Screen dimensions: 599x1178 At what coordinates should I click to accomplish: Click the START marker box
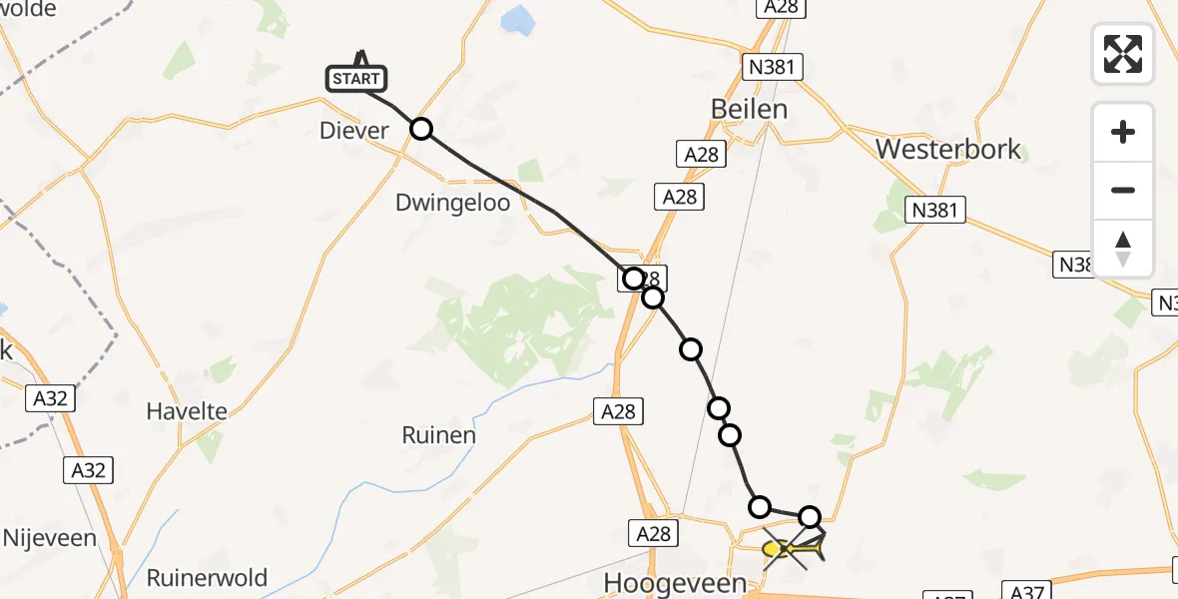[356, 78]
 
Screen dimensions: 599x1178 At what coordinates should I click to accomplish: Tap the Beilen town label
[749, 109]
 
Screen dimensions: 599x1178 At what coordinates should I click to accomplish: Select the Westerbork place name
[948, 150]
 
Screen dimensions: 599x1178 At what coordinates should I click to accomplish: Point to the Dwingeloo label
[452, 203]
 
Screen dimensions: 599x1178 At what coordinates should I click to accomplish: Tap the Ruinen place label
[438, 435]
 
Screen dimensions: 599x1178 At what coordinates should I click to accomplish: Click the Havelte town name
[187, 410]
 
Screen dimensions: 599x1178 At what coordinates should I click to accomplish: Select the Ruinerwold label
[207, 577]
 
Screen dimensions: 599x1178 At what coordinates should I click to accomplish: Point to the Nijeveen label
[50, 538]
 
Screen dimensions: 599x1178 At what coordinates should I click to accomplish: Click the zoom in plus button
[1123, 132]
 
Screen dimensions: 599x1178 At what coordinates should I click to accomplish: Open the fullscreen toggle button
[1123, 54]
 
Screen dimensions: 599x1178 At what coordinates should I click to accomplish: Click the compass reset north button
[1123, 249]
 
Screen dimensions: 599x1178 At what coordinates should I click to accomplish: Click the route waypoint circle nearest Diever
[421, 129]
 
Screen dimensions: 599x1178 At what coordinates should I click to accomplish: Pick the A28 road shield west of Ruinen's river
[618, 410]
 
